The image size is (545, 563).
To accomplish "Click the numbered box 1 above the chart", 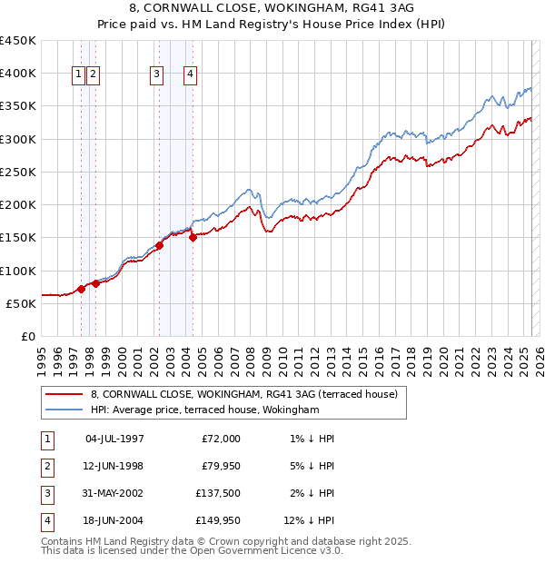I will click(x=79, y=75).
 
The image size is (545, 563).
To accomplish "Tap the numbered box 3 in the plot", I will click(x=157, y=75).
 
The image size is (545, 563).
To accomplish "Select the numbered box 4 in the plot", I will click(x=191, y=75).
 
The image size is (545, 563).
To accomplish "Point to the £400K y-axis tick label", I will click(x=18, y=73).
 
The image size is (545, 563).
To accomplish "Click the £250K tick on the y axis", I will click(x=18, y=172).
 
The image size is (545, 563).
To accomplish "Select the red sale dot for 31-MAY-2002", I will click(x=159, y=244).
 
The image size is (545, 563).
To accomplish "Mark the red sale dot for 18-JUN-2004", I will click(x=193, y=237).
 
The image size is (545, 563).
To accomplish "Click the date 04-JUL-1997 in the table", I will click(x=114, y=439).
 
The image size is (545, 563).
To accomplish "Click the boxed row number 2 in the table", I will click(x=45, y=466).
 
